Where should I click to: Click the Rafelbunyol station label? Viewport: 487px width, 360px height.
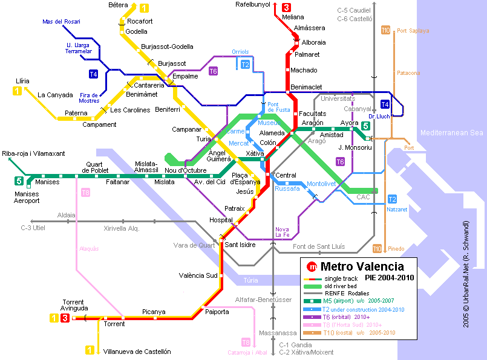click(x=252, y=5)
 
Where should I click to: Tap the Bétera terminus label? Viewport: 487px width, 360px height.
click(x=118, y=5)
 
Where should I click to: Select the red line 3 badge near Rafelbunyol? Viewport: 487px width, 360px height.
click(x=286, y=7)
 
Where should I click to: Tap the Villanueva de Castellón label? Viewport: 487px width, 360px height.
click(x=137, y=352)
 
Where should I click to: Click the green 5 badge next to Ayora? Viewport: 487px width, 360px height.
click(x=365, y=126)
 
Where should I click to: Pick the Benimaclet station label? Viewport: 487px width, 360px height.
click(x=306, y=88)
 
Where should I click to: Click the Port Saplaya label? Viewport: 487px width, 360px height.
click(x=413, y=31)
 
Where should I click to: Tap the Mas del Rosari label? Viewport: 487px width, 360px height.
click(x=61, y=22)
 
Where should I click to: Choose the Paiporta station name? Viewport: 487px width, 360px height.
click(x=217, y=312)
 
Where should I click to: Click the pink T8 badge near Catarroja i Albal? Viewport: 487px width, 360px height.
click(x=246, y=342)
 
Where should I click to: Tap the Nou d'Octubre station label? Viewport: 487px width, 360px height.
click(x=186, y=171)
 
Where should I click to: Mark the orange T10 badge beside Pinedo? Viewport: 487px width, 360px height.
click(x=377, y=248)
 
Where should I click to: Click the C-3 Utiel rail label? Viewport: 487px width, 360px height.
click(x=33, y=228)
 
